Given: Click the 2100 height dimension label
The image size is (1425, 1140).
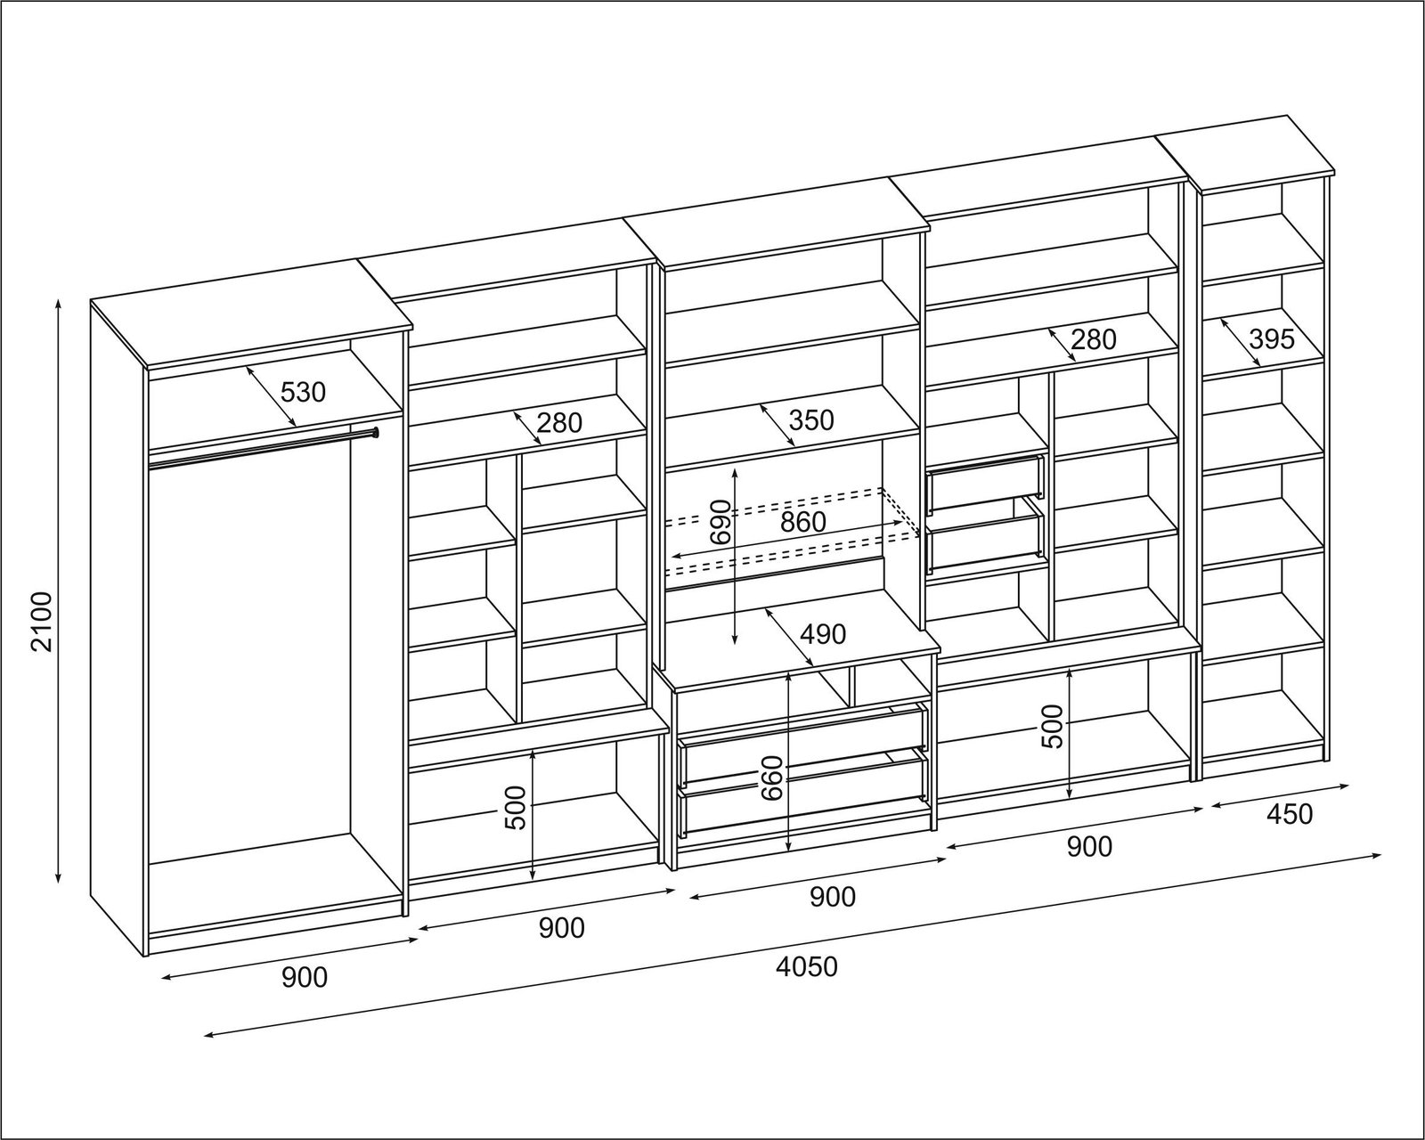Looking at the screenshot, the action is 42,621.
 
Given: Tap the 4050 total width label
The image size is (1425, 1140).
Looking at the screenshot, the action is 807,966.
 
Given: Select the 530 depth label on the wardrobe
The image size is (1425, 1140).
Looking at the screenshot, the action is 304,391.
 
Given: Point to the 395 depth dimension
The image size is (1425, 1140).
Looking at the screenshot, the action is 1272,338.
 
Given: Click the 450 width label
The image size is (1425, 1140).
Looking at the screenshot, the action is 1288,814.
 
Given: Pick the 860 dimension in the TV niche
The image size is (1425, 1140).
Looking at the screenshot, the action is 803,522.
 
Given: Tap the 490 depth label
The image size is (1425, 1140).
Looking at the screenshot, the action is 823,634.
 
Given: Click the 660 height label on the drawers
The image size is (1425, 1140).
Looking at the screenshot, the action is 771,778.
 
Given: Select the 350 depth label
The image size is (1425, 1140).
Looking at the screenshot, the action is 810,419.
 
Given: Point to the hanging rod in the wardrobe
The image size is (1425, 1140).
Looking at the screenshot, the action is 264,447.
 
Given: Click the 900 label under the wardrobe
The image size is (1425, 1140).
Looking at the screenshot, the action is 305,978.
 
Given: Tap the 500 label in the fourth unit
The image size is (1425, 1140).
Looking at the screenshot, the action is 1052,727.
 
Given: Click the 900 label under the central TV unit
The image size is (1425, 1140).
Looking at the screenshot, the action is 832,897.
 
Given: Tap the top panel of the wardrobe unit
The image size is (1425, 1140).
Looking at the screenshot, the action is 252,315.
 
